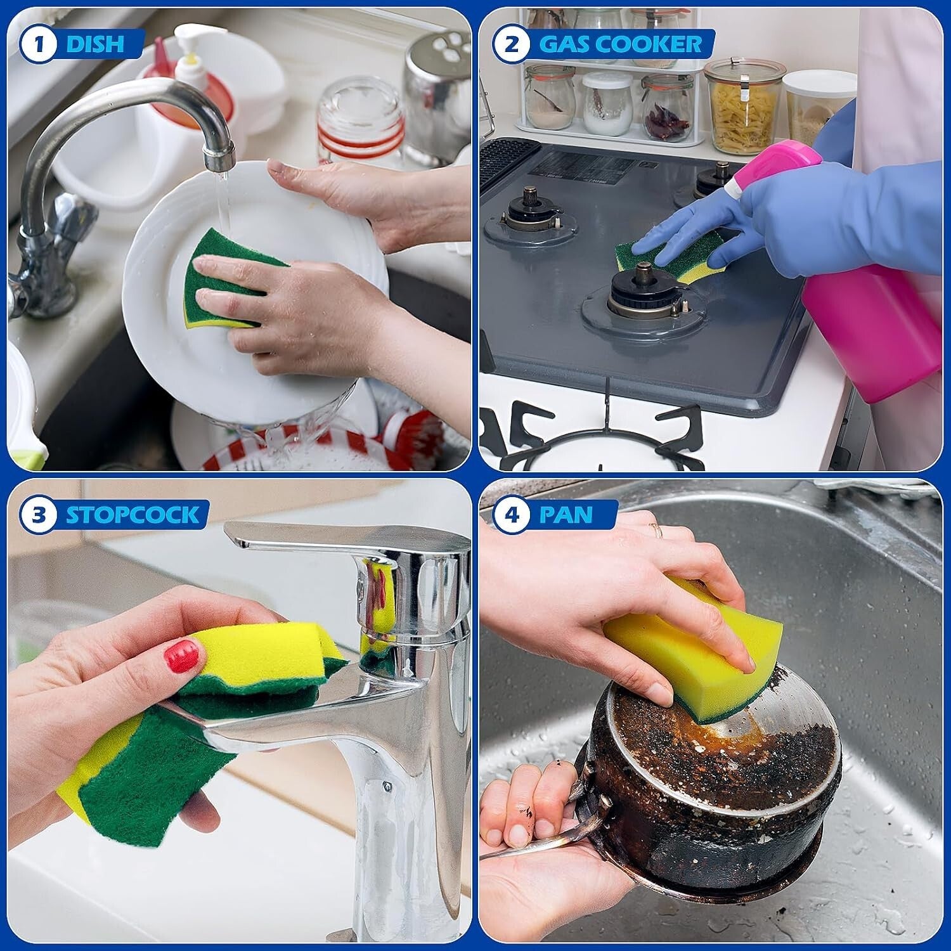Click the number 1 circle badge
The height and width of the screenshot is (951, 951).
point(39,44)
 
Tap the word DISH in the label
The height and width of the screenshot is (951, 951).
point(95,44)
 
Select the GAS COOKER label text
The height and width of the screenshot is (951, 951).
point(620,44)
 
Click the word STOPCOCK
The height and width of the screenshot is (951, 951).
point(132,514)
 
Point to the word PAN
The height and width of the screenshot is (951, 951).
point(567,514)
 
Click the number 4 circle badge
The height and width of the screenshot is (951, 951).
point(512,514)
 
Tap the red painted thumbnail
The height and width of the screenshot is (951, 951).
point(181,656)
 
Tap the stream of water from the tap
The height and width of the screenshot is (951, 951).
point(222,203)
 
